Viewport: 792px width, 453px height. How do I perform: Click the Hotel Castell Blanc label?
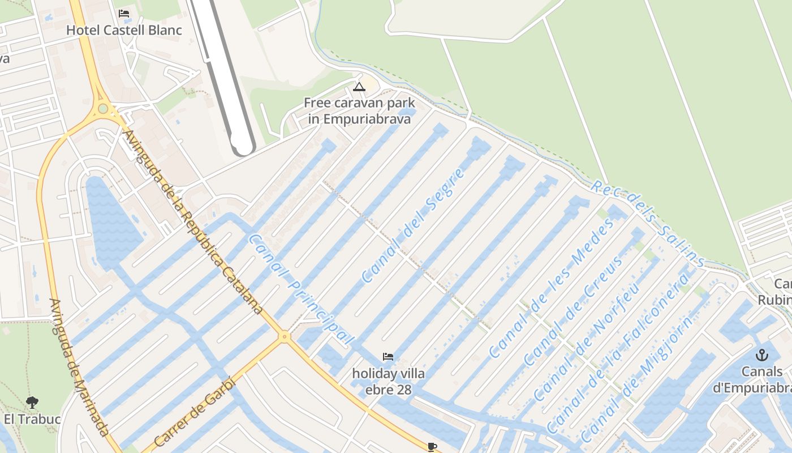tap(124, 30)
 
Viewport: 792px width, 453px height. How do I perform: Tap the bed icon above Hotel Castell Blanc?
tap(124, 14)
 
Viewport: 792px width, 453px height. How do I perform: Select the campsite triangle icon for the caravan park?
tap(359, 87)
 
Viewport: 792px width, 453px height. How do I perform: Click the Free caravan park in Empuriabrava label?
tap(359, 111)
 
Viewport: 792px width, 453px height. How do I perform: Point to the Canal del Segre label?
tap(414, 225)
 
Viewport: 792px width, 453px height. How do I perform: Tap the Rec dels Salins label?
tap(648, 224)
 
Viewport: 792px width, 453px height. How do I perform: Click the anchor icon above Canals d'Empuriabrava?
tap(762, 356)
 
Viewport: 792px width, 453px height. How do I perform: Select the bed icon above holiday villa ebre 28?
tap(388, 357)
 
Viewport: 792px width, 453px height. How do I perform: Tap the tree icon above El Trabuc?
tap(32, 403)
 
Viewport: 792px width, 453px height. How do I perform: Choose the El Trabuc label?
tap(32, 420)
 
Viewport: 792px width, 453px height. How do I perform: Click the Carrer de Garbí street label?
tap(194, 411)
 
